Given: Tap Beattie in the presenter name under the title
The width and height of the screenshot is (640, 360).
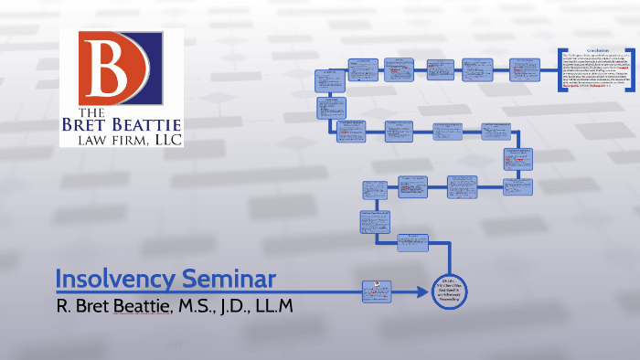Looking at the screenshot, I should click(x=133, y=303).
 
